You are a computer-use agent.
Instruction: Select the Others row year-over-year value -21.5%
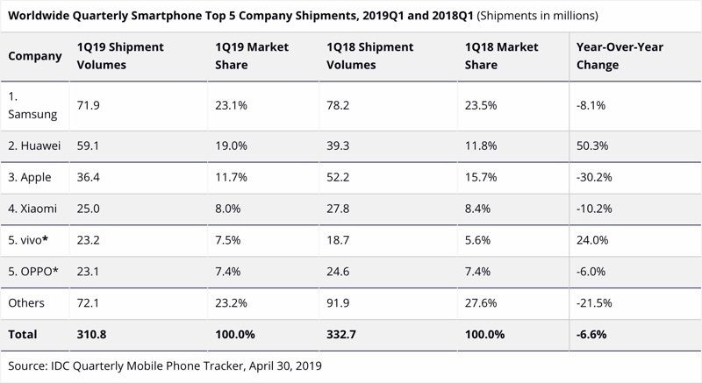[x=594, y=301]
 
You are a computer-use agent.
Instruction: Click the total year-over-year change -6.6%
[x=591, y=335]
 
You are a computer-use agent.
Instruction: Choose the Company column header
[x=35, y=56]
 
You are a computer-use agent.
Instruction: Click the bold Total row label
[x=24, y=335]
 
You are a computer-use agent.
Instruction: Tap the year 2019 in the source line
[x=306, y=365]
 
